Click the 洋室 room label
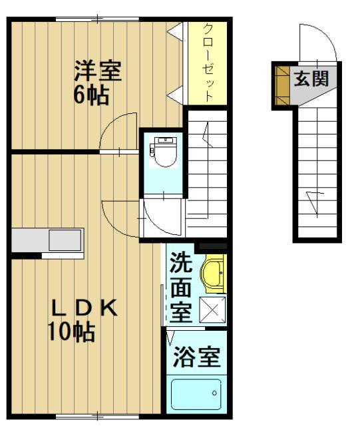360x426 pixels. [x=98, y=71]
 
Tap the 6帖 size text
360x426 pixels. [x=91, y=96]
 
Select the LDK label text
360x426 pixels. [x=85, y=308]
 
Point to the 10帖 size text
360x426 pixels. [x=71, y=331]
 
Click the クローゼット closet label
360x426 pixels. [x=208, y=63]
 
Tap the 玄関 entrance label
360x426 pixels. [x=311, y=79]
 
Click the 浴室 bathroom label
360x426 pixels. [x=196, y=357]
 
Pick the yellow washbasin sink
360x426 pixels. [x=214, y=274]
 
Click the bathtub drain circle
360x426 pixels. [x=215, y=393]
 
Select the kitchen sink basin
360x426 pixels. [x=65, y=240]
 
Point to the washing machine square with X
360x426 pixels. [x=212, y=310]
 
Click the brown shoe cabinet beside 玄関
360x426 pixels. [x=283, y=86]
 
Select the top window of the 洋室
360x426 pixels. [x=98, y=19]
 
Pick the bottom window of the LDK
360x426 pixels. [x=98, y=416]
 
